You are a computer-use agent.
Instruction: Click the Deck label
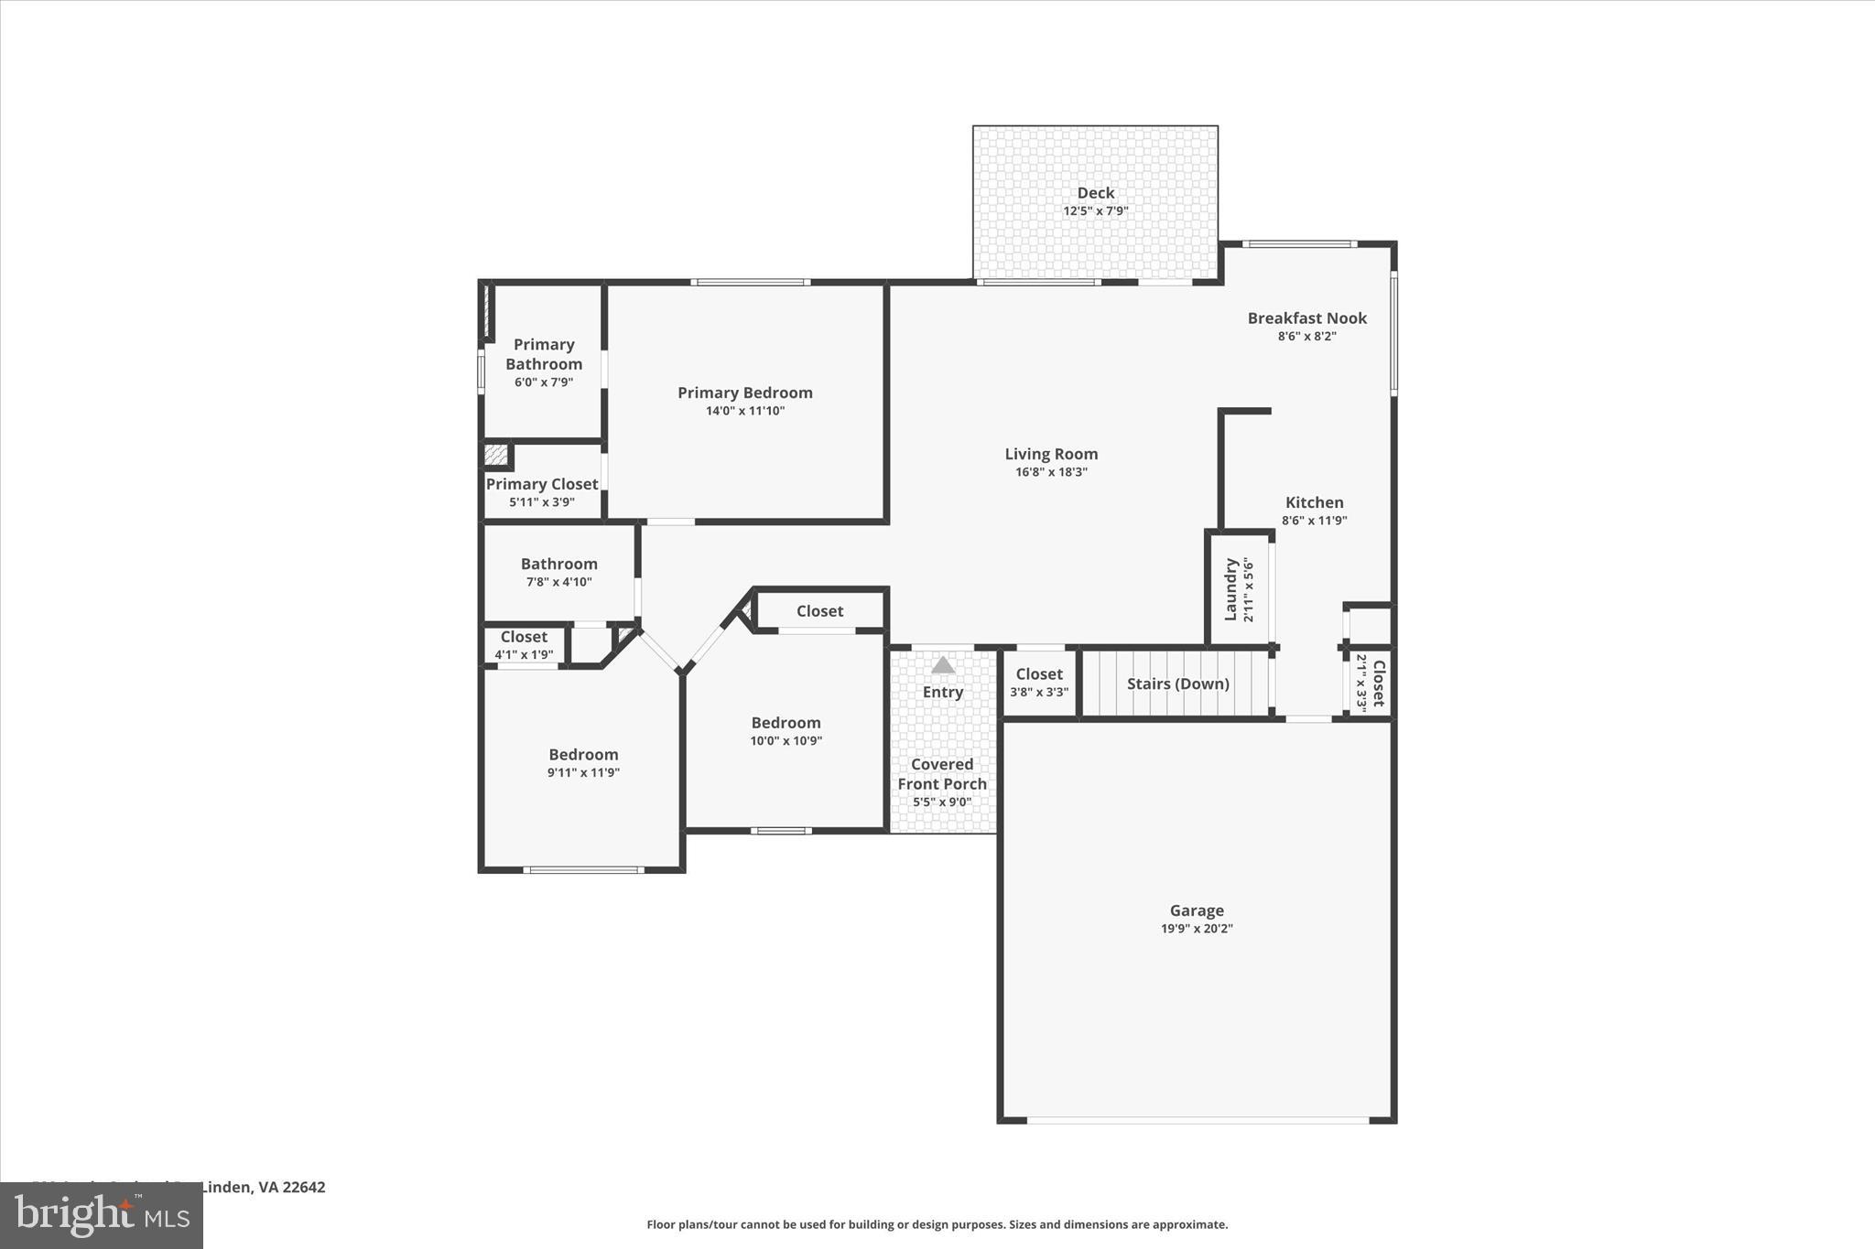coord(1095,193)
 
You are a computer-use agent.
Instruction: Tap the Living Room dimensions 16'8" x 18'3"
coord(1051,472)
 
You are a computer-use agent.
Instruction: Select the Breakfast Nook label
coord(1306,318)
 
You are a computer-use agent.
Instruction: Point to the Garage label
coord(1197,910)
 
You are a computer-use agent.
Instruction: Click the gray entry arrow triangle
coord(943,665)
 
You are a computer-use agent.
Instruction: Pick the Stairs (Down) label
coord(1177,684)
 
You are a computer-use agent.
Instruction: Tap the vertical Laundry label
coord(1231,589)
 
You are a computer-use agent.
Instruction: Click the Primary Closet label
coord(542,484)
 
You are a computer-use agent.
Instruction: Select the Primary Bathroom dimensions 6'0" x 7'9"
coord(544,382)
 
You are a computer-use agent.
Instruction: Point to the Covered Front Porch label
coord(942,774)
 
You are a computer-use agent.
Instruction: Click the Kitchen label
coord(1314,502)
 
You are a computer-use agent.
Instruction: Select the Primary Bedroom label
coord(744,393)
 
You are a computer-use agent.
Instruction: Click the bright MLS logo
coord(102,1215)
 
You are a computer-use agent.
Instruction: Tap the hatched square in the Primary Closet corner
coord(495,455)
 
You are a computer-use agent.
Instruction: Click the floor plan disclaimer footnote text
coord(937,1224)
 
